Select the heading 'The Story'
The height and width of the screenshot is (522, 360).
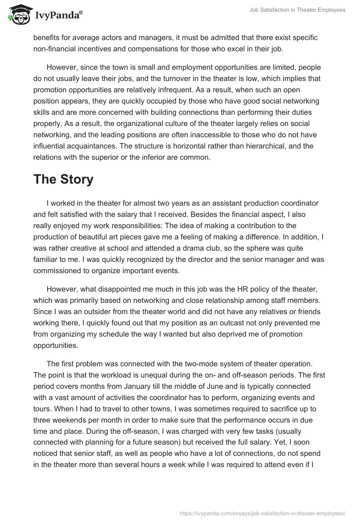[63, 179]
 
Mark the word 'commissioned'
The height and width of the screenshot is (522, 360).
[55, 270]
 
